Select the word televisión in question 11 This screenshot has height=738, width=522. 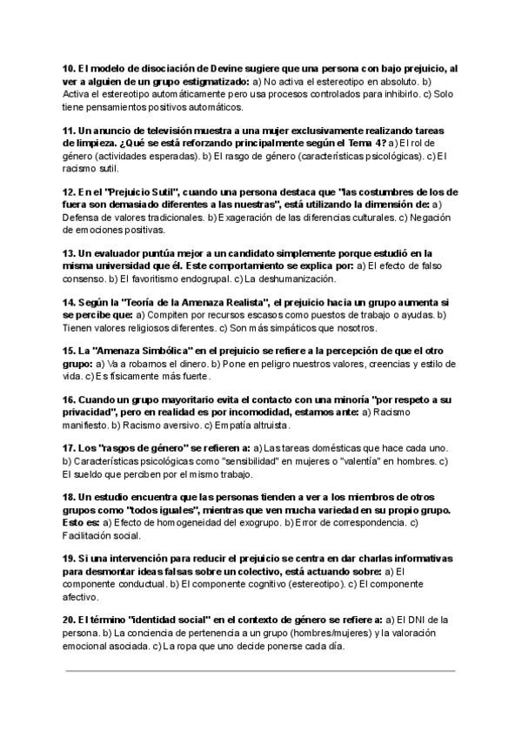161,130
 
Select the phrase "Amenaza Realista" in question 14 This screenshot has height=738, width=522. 198,301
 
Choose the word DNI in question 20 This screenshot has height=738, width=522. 432,619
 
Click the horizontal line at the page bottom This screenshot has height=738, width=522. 260,671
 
